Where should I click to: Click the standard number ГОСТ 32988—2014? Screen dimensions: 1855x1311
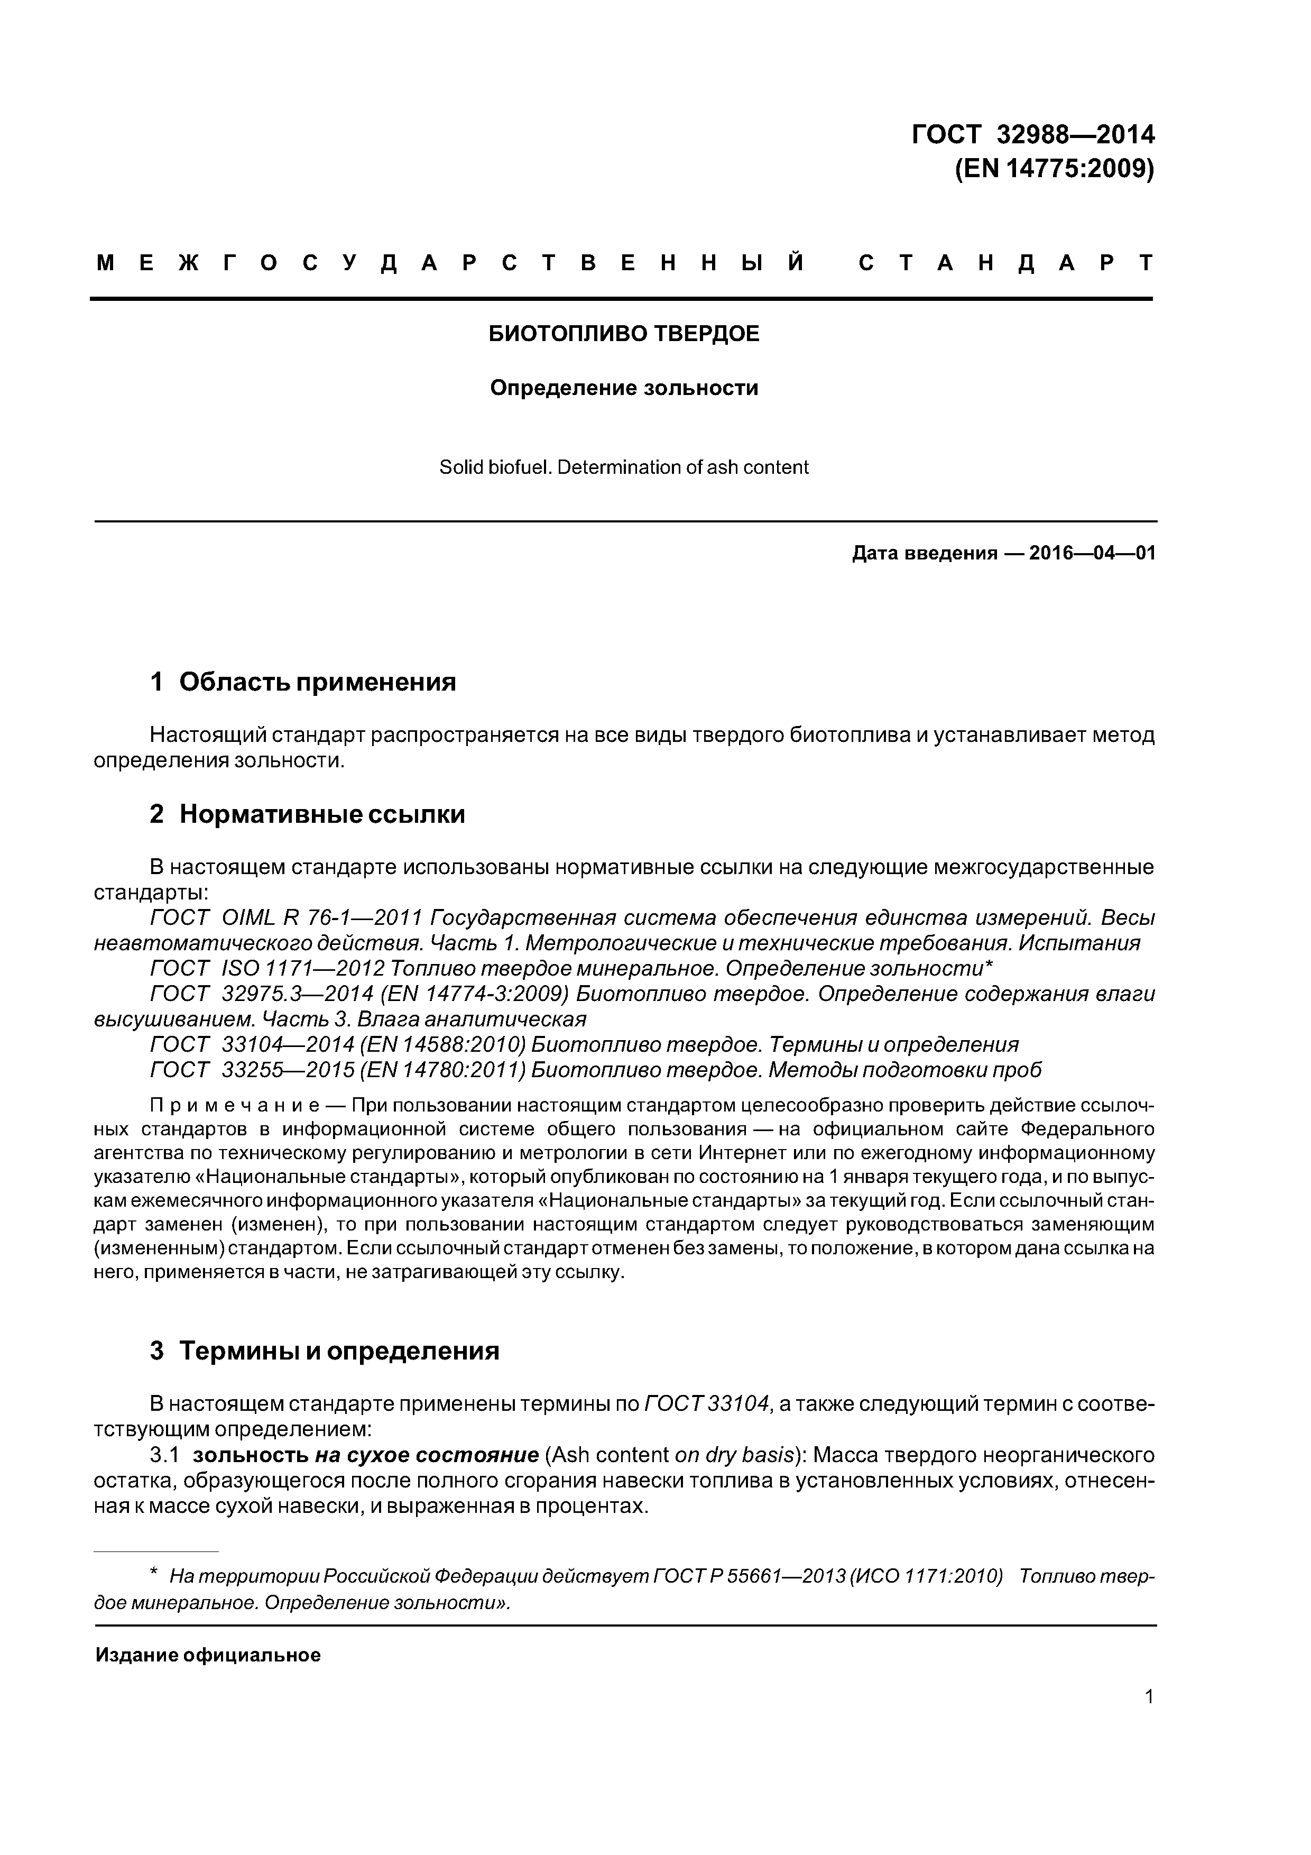coord(1032,133)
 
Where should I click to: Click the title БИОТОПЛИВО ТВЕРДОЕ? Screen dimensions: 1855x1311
coord(624,334)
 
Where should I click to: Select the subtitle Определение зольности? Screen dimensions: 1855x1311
coord(624,388)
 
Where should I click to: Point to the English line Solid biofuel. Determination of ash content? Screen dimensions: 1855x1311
coord(624,467)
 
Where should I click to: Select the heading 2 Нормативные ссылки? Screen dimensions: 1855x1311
coord(307,814)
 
